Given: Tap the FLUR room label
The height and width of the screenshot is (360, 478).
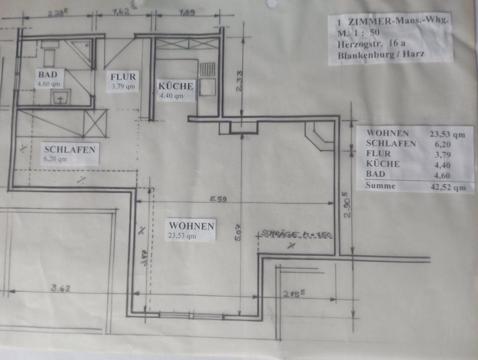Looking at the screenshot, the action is pyautogui.click(x=123, y=77).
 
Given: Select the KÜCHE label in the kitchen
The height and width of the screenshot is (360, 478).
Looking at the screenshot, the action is pyautogui.click(x=175, y=86).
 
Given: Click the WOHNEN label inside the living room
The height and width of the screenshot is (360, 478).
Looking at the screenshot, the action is pyautogui.click(x=191, y=226).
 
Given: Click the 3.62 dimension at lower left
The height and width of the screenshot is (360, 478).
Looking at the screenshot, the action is pyautogui.click(x=60, y=287).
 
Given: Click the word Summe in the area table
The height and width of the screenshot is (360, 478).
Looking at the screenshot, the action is pyautogui.click(x=380, y=186).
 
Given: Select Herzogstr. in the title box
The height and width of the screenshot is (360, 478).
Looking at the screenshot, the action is pyautogui.click(x=358, y=44).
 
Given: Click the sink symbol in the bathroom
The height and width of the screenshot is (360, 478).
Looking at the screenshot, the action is pyautogui.click(x=60, y=98).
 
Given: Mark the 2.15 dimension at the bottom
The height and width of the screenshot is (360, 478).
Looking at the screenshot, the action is pyautogui.click(x=293, y=294).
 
